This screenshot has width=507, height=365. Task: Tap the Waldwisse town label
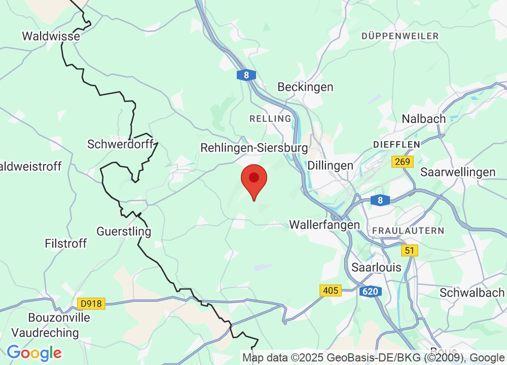(x=51, y=36)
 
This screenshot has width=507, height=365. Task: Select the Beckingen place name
(x=305, y=87)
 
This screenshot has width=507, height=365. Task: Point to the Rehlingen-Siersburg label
(x=254, y=148)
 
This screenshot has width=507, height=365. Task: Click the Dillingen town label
(x=330, y=165)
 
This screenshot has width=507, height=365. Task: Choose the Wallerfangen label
(x=324, y=224)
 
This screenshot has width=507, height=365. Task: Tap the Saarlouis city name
(x=376, y=267)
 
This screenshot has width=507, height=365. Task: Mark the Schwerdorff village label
(x=120, y=144)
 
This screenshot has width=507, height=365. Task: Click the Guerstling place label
(x=124, y=232)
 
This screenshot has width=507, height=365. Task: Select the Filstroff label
(x=65, y=243)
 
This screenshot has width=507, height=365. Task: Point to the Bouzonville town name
(x=59, y=318)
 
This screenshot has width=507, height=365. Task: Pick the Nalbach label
(x=423, y=119)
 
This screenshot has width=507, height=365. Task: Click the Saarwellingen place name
(x=458, y=172)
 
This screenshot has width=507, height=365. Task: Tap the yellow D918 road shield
(x=91, y=304)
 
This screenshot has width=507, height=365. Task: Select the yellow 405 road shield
(x=330, y=290)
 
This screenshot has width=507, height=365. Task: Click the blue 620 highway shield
(x=370, y=291)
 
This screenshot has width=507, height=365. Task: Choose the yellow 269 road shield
(x=403, y=162)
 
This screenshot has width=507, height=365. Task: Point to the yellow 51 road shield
(x=409, y=250)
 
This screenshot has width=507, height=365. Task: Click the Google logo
(x=34, y=352)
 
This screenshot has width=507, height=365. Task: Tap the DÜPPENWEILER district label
(x=400, y=36)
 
